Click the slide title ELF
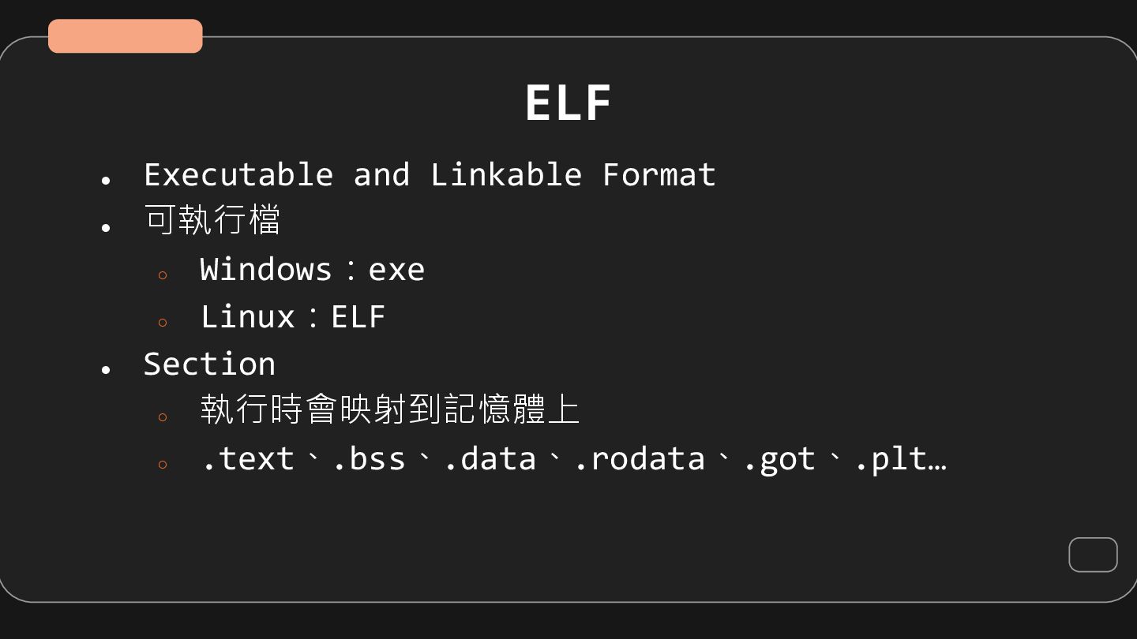568,103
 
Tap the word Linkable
506,174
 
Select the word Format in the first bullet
659,174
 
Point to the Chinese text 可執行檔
212,220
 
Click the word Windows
265,270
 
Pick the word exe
396,270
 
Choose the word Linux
247,317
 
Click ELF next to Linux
358,317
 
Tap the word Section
209,364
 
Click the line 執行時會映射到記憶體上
390,409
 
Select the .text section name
248,459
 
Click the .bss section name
369,459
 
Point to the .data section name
490,459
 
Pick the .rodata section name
640,459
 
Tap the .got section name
779,459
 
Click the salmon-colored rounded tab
126,36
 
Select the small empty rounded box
1093,555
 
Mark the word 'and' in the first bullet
381,174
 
